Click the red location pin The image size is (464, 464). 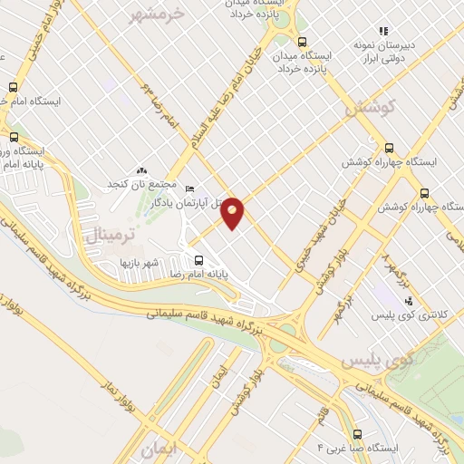(x=233, y=211)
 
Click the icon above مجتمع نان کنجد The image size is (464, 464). (x=140, y=170)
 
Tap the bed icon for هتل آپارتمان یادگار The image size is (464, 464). (x=189, y=189)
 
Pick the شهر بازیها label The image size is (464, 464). (x=140, y=262)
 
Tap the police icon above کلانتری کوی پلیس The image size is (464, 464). (x=409, y=300)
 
